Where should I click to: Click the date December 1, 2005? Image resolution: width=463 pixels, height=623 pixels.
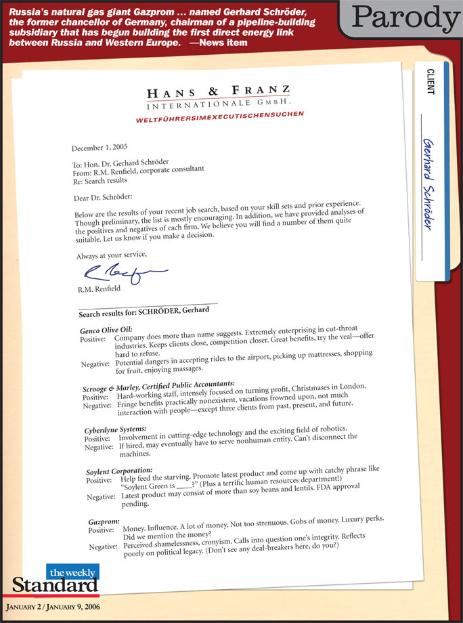(100, 147)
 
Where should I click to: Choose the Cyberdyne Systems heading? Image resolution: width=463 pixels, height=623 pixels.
(115, 430)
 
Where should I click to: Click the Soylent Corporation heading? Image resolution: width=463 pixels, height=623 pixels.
(119, 471)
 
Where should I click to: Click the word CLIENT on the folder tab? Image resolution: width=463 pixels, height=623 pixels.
(431, 81)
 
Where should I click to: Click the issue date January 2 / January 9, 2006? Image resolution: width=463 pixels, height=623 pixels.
(53, 607)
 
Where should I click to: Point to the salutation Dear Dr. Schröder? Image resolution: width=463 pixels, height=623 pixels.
(104, 198)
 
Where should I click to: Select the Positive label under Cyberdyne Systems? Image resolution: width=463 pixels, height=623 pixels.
(99, 439)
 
